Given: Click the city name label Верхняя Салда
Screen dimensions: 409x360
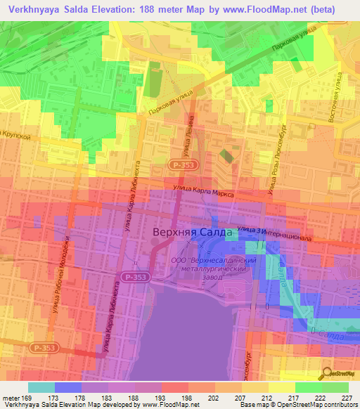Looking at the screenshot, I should [x=188, y=233].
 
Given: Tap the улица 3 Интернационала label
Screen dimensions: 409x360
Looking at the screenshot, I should [x=274, y=233].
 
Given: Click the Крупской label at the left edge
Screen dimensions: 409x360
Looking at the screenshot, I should [x=15, y=135].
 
